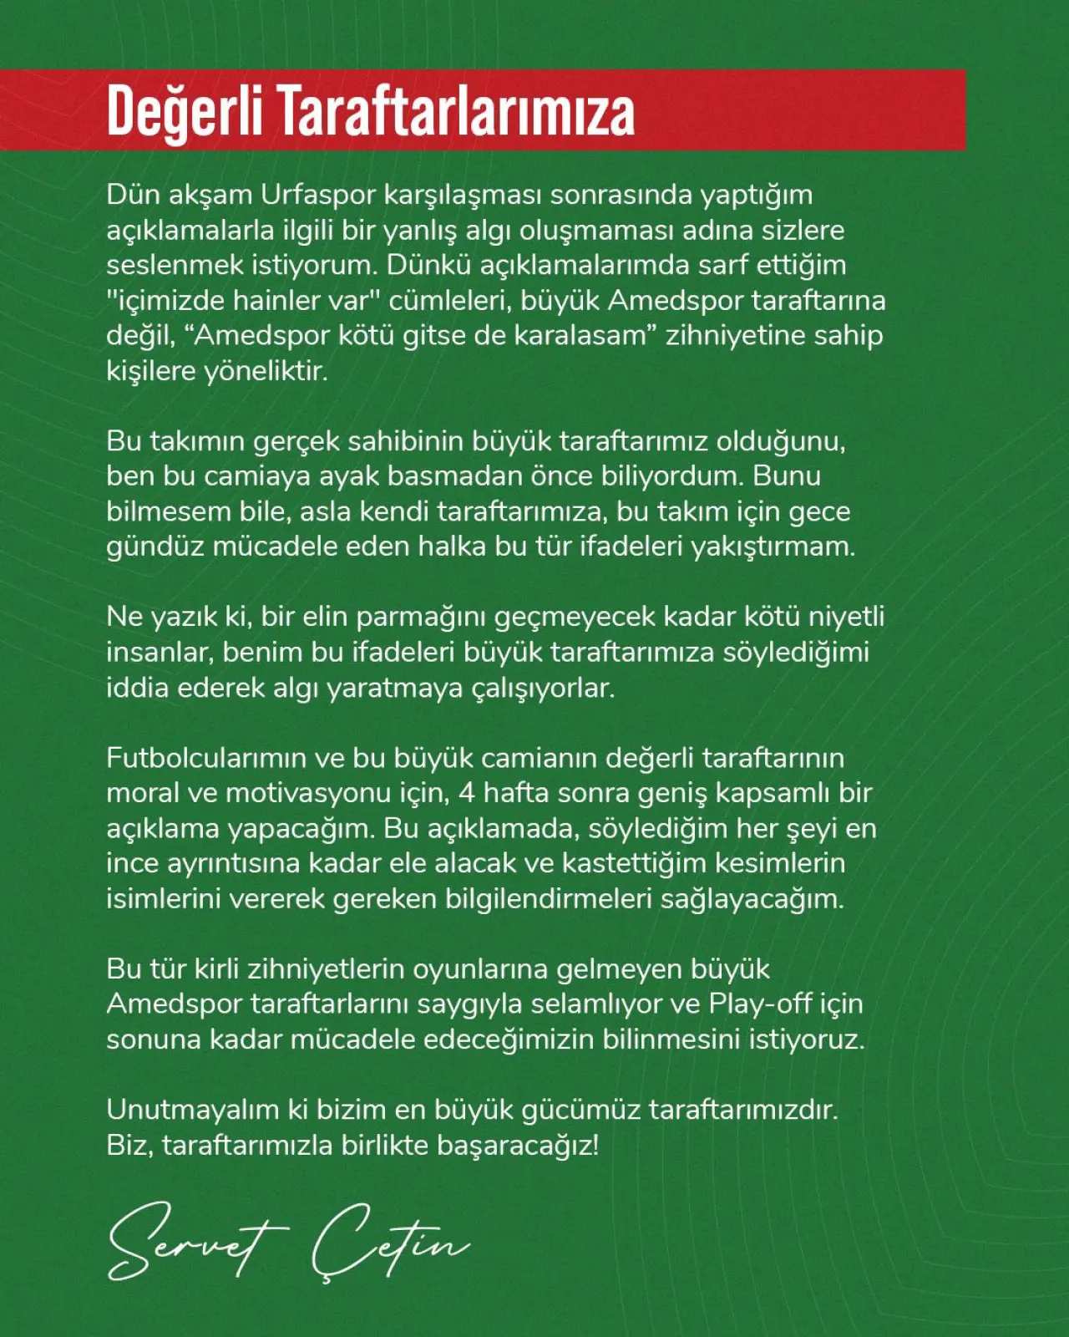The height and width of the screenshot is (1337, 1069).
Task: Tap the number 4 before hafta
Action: click(466, 793)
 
